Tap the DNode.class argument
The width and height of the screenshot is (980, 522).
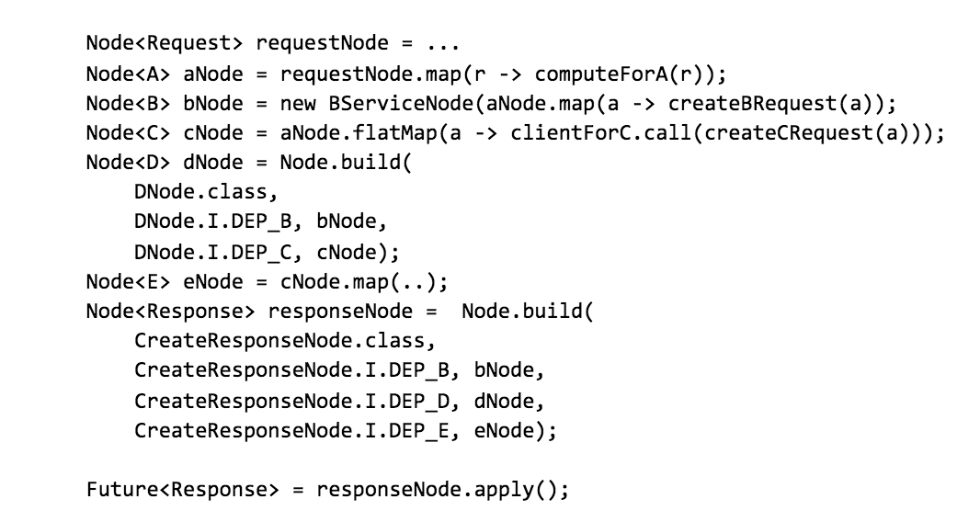[x=204, y=192]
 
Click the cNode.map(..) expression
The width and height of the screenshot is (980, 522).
[x=353, y=281]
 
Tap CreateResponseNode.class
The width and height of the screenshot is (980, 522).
[x=280, y=340]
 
